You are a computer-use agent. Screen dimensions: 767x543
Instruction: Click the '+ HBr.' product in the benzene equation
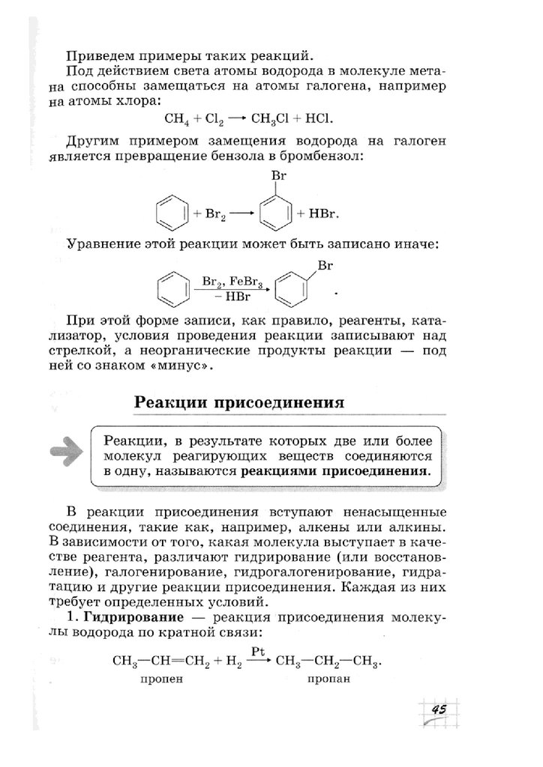click(x=319, y=213)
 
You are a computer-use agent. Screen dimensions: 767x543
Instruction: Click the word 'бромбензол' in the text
click(x=327, y=157)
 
